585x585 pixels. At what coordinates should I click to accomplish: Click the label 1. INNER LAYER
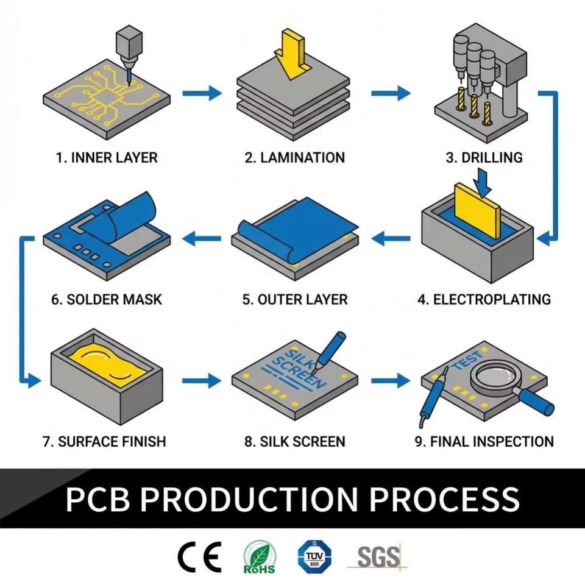tap(107, 157)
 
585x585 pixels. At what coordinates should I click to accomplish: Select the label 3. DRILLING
tap(484, 157)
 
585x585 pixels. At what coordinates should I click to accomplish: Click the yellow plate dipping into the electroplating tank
tap(478, 211)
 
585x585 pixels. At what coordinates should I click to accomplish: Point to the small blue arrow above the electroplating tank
tap(483, 182)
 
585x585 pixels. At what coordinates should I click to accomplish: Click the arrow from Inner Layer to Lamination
tap(202, 93)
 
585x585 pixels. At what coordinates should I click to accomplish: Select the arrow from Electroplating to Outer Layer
tap(391, 238)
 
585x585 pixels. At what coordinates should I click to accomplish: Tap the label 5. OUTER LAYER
tap(295, 300)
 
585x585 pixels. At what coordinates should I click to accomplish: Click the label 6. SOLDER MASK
tap(107, 300)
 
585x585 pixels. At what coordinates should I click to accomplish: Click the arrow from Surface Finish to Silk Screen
tap(202, 380)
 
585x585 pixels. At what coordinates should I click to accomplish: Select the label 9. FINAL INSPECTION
tap(484, 442)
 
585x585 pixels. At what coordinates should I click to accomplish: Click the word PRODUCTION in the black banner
tap(249, 499)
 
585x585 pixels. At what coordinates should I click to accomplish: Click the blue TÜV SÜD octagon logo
tap(314, 556)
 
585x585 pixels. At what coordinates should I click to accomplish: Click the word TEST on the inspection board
tap(467, 360)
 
